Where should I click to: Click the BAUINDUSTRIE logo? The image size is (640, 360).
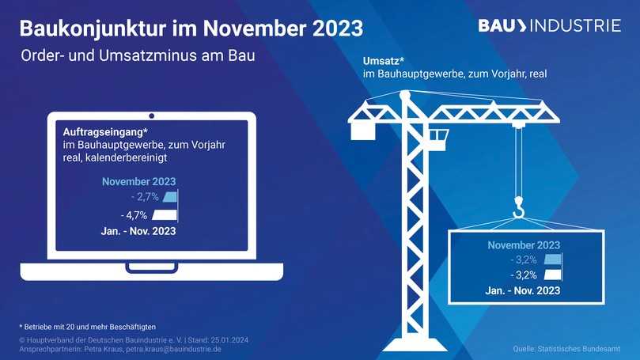click(549, 25)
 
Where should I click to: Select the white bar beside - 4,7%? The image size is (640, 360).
click(165, 214)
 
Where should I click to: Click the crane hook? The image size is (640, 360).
click(518, 209)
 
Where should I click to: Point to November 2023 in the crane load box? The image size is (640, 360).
click(524, 244)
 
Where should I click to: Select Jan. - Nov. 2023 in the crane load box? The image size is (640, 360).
click(523, 291)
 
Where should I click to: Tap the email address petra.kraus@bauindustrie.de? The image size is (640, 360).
click(173, 348)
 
